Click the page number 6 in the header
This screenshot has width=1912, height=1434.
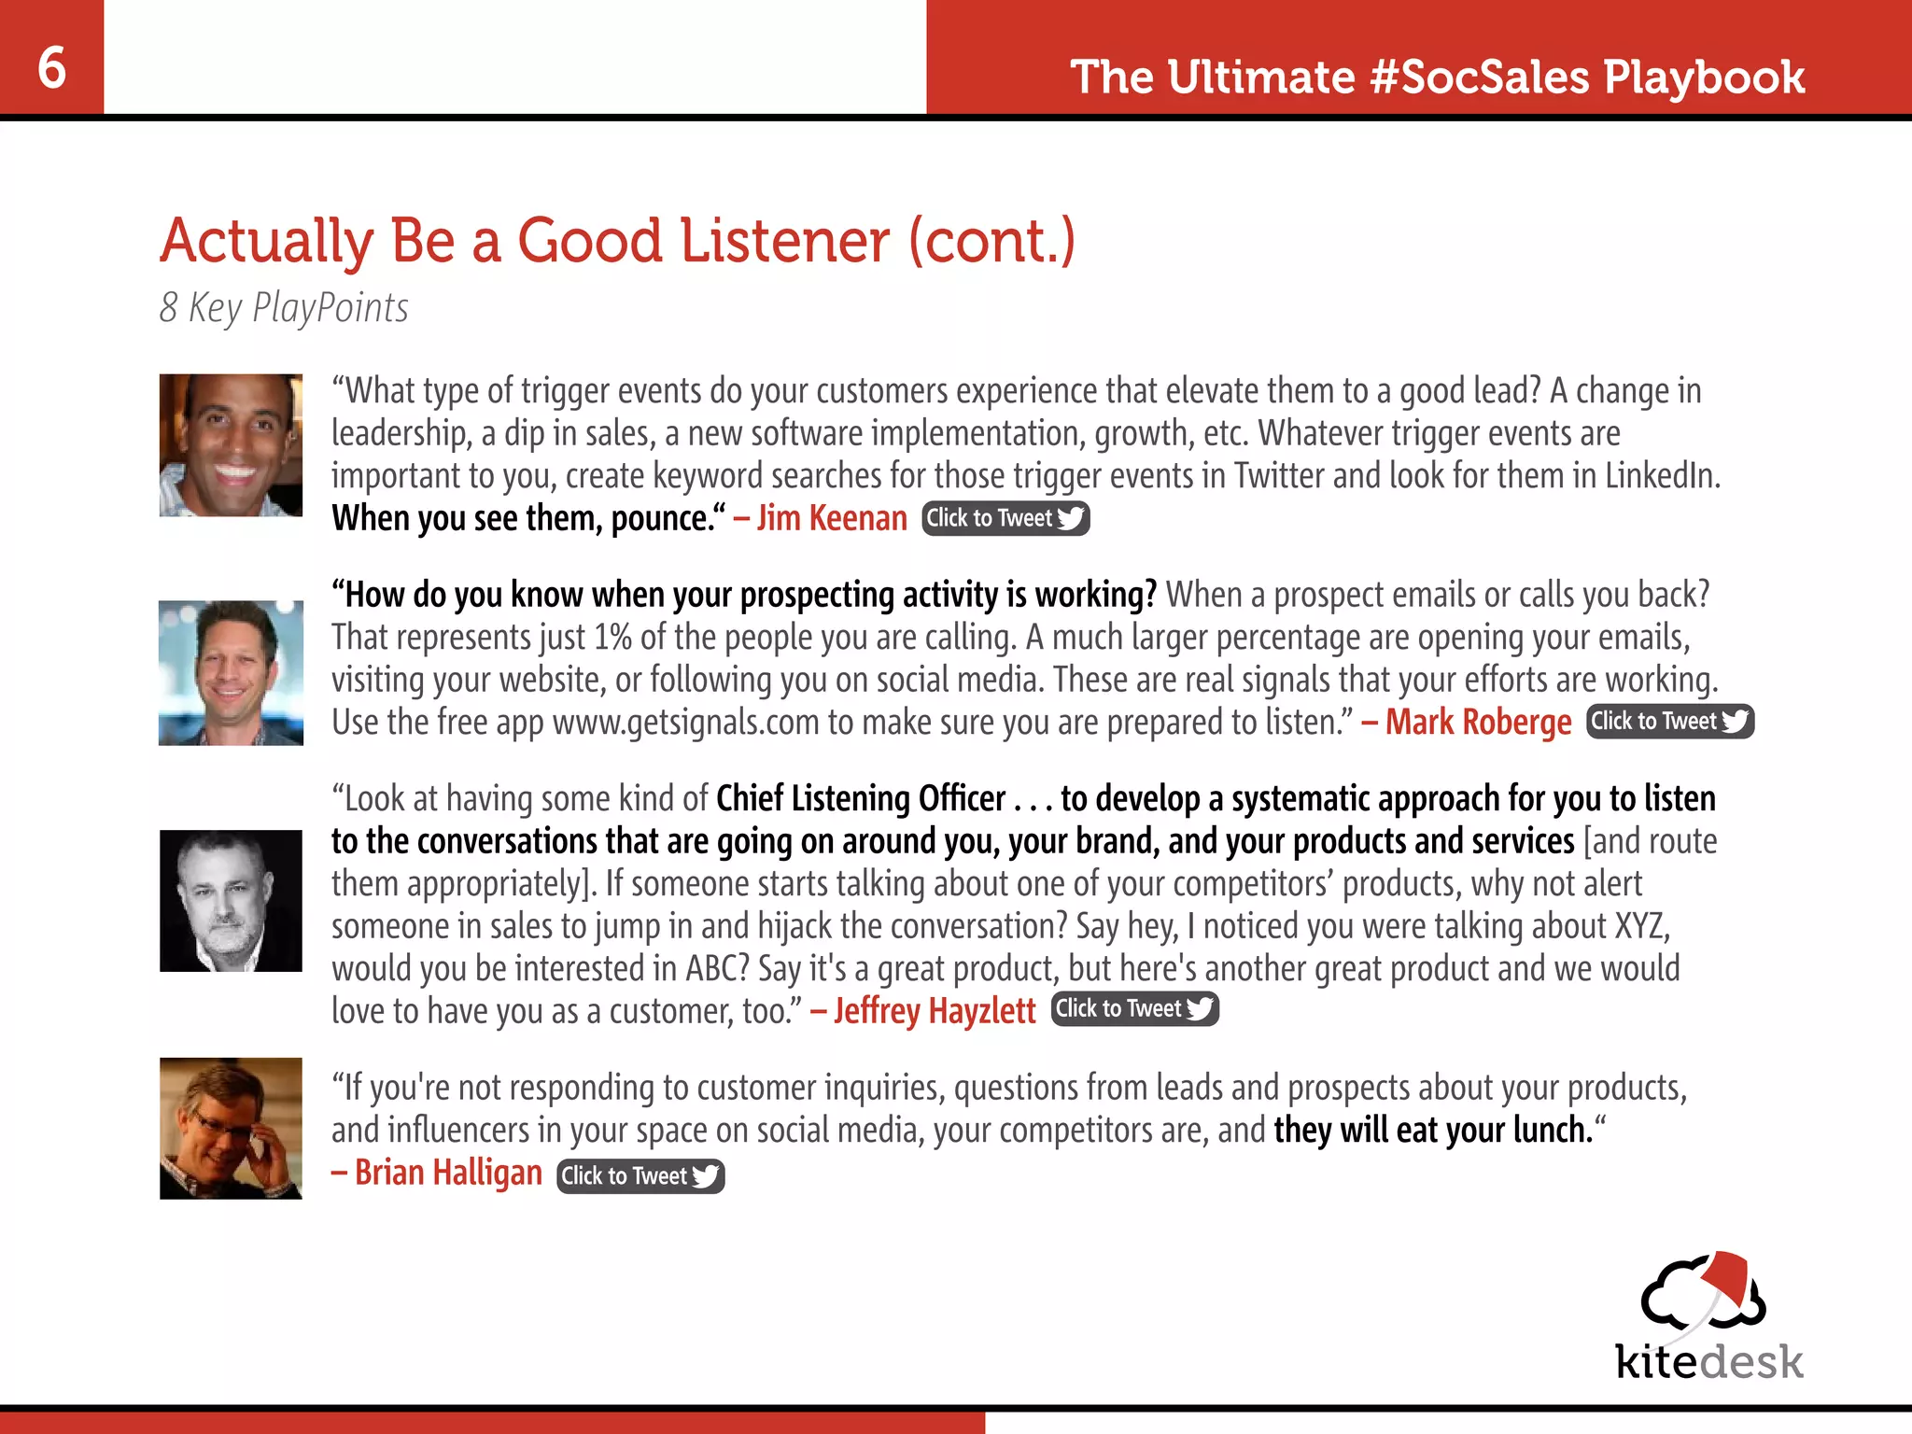click(x=52, y=67)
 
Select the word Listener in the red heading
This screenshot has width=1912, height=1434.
click(x=784, y=241)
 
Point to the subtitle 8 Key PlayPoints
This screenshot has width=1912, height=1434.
click(x=284, y=307)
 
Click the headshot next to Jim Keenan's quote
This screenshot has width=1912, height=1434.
click(x=231, y=445)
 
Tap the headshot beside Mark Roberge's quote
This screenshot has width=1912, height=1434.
click(x=231, y=672)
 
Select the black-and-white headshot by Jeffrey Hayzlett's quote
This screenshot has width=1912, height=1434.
click(x=231, y=901)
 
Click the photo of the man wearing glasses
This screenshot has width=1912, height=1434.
click(x=231, y=1128)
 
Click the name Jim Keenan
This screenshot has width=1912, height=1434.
click(x=832, y=518)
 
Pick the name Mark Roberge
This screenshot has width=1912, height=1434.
click(x=1478, y=722)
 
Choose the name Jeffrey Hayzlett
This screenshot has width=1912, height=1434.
click(x=935, y=1010)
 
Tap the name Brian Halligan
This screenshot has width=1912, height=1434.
click(x=448, y=1173)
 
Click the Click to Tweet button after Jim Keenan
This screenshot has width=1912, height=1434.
click(x=1005, y=518)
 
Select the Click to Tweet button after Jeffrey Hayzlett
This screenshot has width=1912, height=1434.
click(x=1134, y=1009)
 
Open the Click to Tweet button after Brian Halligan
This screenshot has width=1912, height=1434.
click(x=640, y=1175)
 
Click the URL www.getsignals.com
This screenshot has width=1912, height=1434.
click(x=686, y=723)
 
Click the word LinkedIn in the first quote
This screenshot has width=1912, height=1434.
click(x=1661, y=476)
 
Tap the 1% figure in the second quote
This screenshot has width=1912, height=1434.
click(x=613, y=638)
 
